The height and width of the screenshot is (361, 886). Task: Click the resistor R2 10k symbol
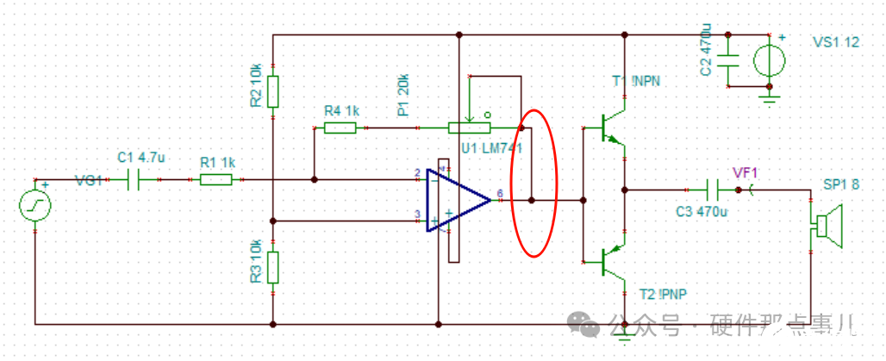tap(272, 90)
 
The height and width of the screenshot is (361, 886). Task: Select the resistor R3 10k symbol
tap(272, 267)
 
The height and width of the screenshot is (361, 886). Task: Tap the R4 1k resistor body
tap(340, 128)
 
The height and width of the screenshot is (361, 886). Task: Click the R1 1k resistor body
tap(215, 180)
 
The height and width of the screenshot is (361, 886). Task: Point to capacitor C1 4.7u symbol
tap(134, 180)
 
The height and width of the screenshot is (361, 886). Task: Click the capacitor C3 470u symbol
tap(713, 189)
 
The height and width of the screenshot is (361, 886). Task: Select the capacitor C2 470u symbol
tap(728, 61)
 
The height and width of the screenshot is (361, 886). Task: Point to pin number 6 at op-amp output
tap(500, 193)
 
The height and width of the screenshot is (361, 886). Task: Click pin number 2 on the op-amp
tap(417, 173)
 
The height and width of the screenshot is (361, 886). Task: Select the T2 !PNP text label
tap(664, 294)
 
